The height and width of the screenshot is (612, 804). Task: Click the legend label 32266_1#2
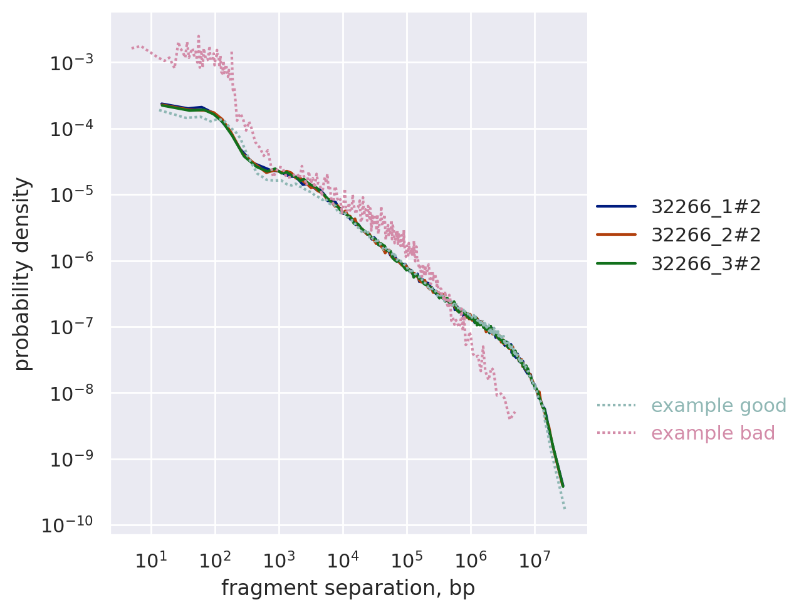[706, 206]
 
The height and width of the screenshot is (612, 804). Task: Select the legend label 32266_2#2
[706, 235]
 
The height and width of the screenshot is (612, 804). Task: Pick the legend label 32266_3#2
[706, 264]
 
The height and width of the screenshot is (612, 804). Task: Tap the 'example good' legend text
[719, 406]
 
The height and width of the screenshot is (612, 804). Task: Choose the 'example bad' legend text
[713, 433]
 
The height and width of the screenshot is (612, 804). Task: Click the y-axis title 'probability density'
[23, 274]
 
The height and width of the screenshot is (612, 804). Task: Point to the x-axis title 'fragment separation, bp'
[348, 588]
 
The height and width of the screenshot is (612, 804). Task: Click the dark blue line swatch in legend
[616, 206]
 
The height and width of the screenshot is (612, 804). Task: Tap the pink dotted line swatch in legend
[616, 433]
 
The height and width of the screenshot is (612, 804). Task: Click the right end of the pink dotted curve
[515, 413]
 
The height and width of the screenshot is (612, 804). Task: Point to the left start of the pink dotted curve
[132, 48]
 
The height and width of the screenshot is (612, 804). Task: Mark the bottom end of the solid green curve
[563, 486]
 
